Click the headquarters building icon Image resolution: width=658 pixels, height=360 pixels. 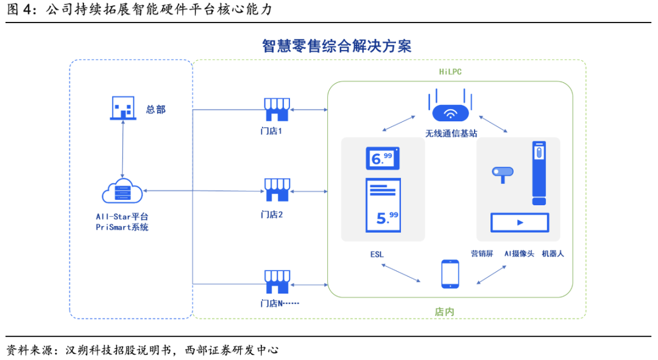(x=123, y=108)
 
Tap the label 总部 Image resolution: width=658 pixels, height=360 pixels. (x=156, y=110)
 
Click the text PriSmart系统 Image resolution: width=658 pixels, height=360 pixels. (x=122, y=227)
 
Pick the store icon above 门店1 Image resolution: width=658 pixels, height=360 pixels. (x=277, y=110)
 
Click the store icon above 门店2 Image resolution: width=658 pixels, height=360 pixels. (x=277, y=191)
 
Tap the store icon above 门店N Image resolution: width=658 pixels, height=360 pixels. (x=277, y=282)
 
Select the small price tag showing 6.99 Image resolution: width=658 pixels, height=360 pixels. (x=382, y=159)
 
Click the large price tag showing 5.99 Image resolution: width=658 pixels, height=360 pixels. (x=383, y=205)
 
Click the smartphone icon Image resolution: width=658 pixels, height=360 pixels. (x=450, y=274)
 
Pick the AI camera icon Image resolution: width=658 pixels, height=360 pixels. (x=503, y=175)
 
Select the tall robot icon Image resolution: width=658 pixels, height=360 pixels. (x=538, y=174)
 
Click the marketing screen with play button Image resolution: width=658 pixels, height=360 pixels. (x=520, y=222)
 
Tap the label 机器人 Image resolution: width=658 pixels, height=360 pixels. (x=553, y=253)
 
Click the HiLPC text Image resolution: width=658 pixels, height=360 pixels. (x=451, y=72)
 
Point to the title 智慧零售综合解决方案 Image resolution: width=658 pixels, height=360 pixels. (x=336, y=46)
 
